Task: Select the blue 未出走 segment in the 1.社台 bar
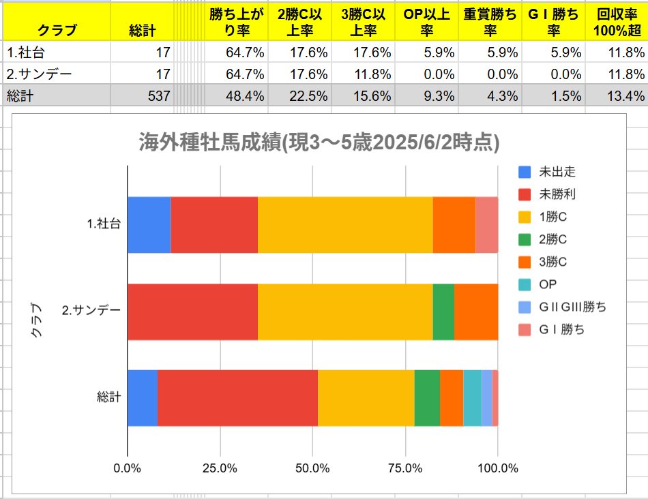coord(149,224)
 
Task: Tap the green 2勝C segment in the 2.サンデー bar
coord(443,312)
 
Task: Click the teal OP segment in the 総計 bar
coord(472,398)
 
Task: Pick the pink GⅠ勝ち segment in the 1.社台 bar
coord(486,224)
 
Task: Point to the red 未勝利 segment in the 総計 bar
coord(237,398)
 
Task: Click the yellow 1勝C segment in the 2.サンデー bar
coord(345,312)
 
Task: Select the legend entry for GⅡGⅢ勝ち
coord(562,307)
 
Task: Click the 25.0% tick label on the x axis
coord(220,468)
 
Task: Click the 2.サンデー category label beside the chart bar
coord(91,312)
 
